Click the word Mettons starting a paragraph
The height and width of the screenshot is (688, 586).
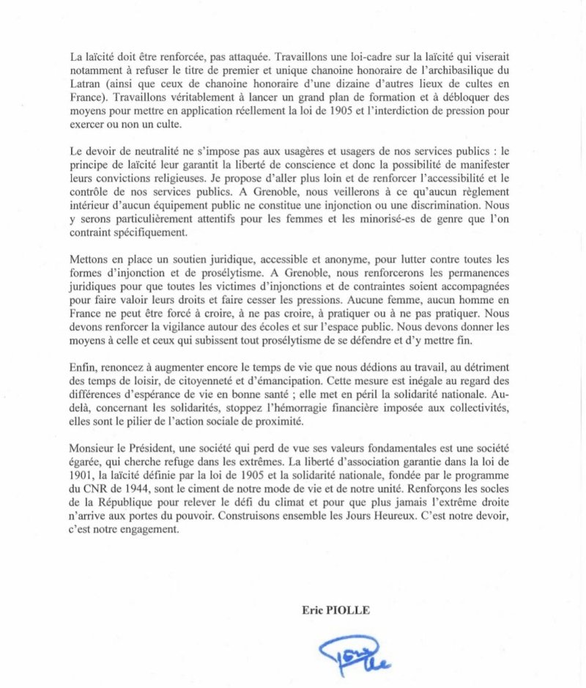click(x=90, y=259)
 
